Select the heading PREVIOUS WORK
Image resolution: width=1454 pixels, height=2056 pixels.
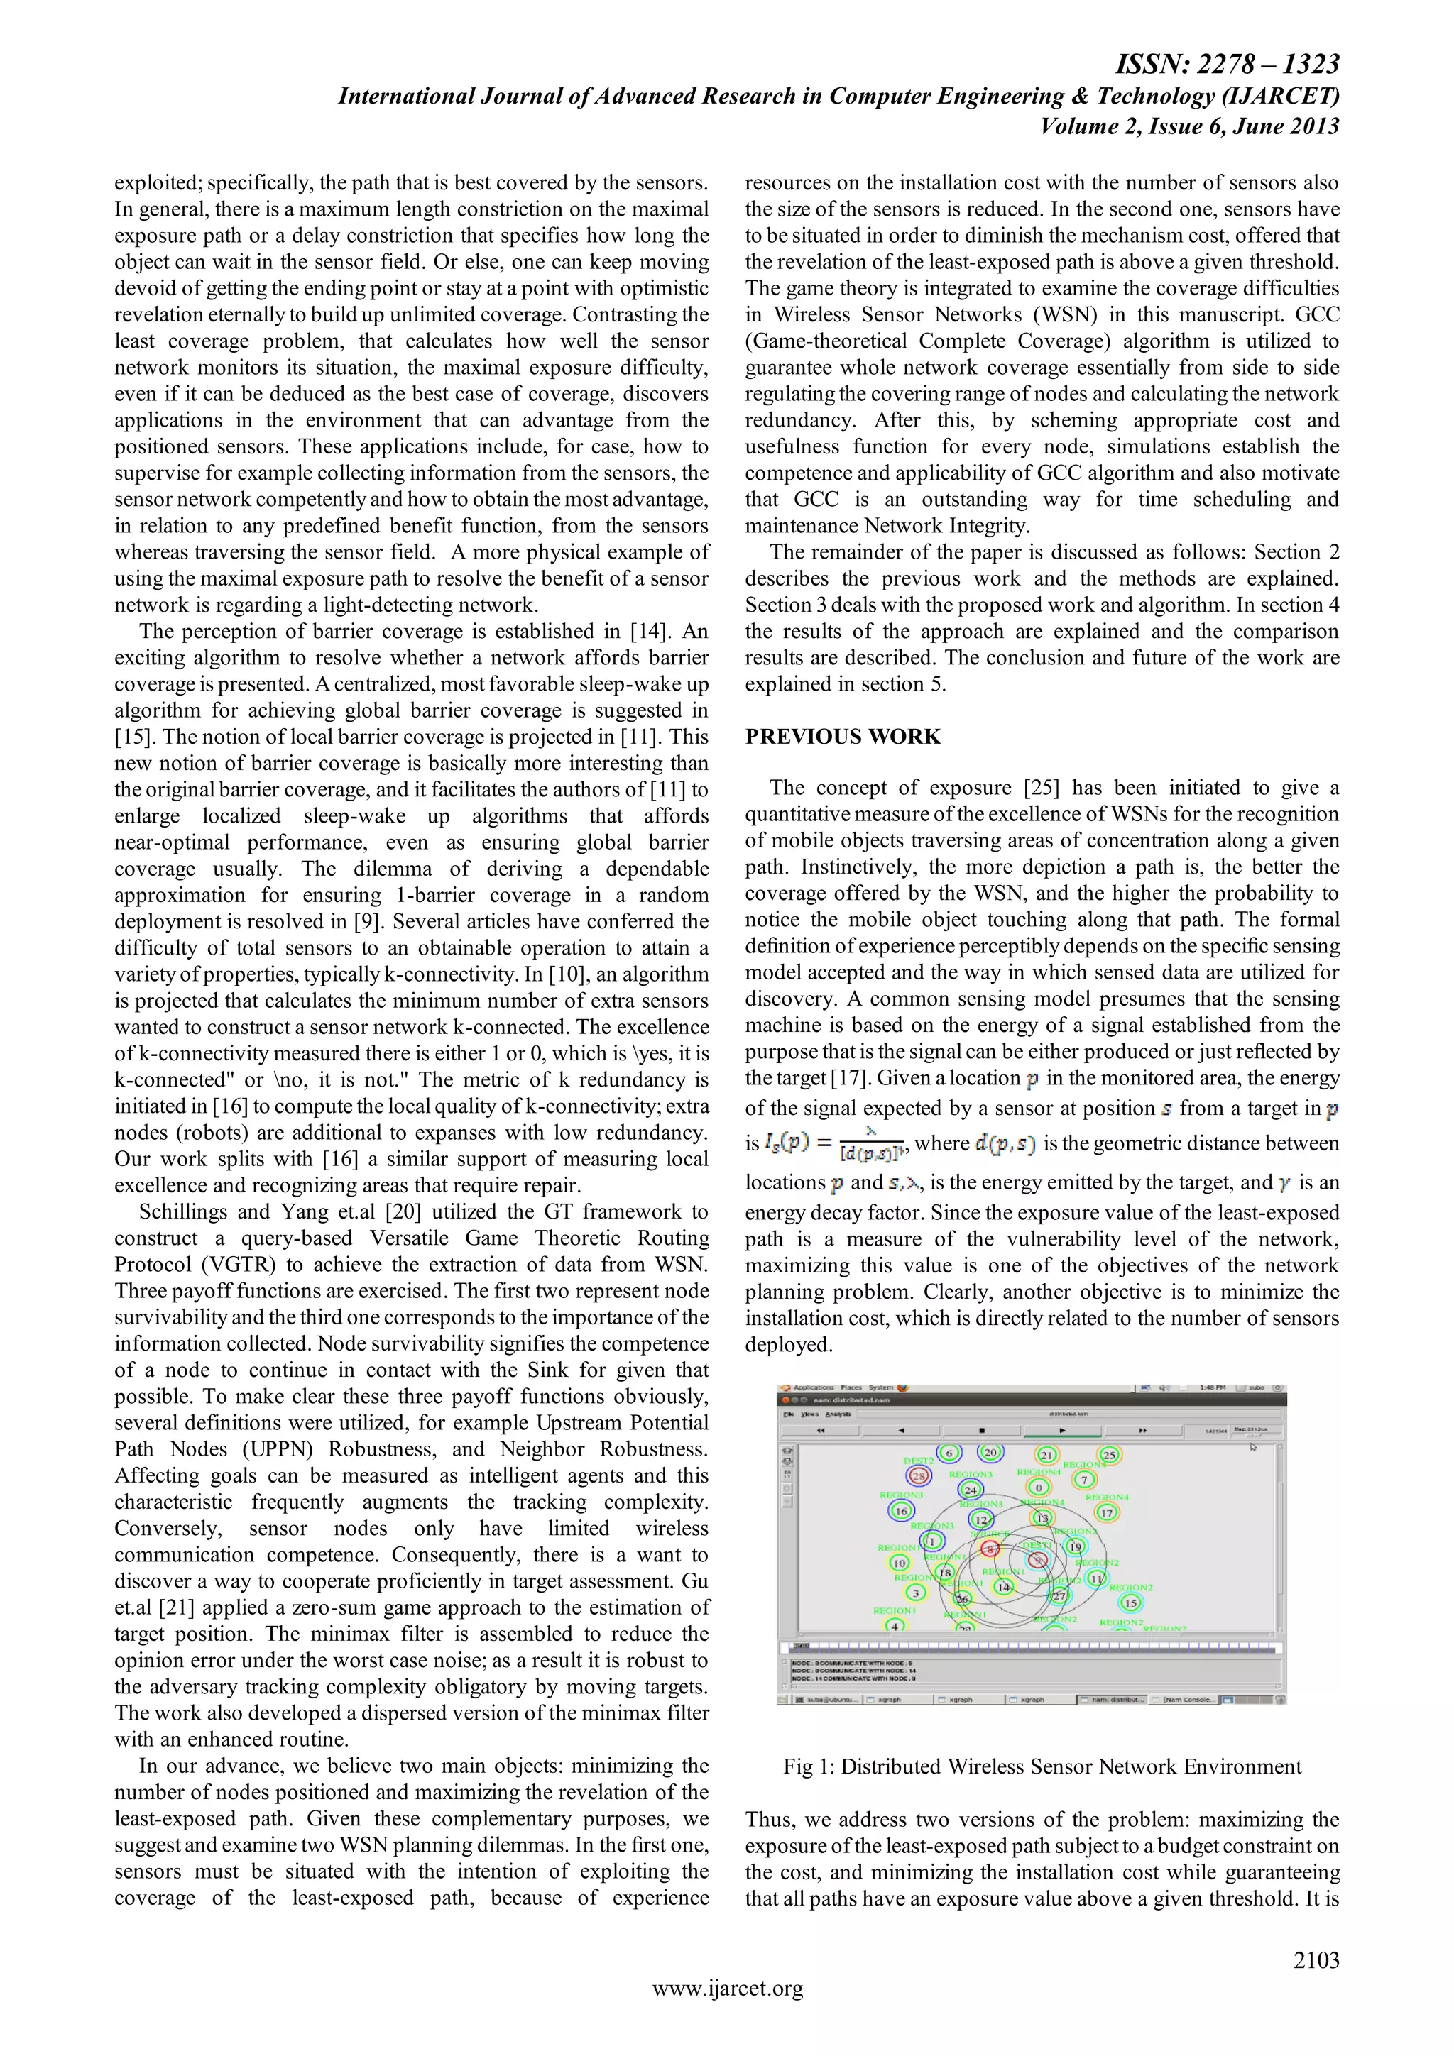843,736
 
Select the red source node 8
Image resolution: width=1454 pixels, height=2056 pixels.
990,1549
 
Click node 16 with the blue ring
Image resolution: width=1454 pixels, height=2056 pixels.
901,1511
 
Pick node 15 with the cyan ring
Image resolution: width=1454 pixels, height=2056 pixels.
1130,1603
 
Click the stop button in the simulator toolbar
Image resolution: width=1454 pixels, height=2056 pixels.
983,1430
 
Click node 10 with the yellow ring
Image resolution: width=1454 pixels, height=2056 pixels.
900,1563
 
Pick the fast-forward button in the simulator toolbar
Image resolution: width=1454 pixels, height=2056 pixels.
1142,1430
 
